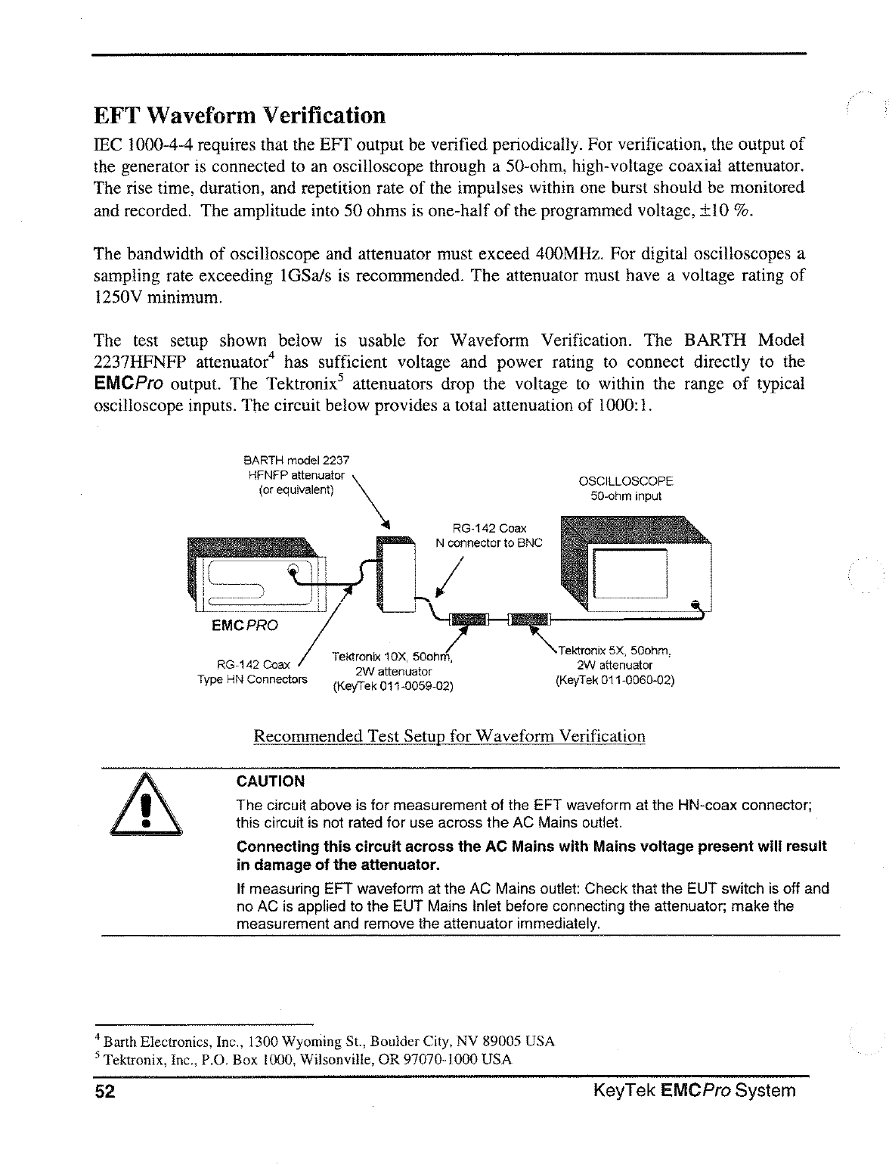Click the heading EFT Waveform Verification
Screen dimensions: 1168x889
(x=239, y=116)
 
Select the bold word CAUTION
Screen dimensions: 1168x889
(x=271, y=781)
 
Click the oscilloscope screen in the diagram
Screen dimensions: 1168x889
(x=630, y=573)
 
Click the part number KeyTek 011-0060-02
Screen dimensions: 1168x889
(x=614, y=680)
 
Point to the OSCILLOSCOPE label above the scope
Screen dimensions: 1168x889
(x=625, y=481)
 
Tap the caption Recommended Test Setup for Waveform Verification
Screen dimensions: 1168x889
(x=449, y=736)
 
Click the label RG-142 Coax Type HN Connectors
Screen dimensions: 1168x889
(x=252, y=672)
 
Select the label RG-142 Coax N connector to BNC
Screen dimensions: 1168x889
(x=488, y=536)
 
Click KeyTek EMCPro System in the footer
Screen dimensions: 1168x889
(x=695, y=1091)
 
